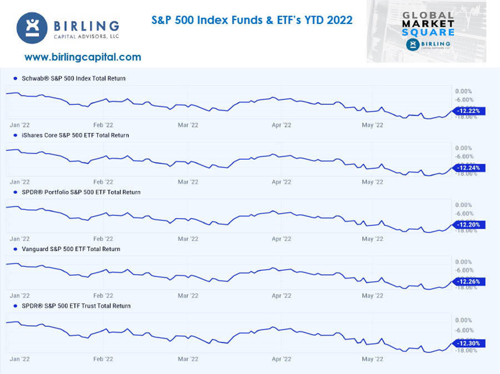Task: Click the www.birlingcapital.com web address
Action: pyautogui.click(x=83, y=57)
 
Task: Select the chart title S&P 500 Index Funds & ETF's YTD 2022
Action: pyautogui.click(x=252, y=21)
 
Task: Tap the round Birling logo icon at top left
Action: pyautogui.click(x=32, y=28)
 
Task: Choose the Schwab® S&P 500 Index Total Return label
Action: pyautogui.click(x=73, y=78)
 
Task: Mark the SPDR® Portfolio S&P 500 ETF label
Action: pyautogui.click(x=81, y=192)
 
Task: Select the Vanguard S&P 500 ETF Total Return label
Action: pyautogui.click(x=71, y=249)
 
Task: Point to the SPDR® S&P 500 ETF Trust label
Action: pyautogui.click(x=76, y=306)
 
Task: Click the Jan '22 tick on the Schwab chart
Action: pyautogui.click(x=19, y=125)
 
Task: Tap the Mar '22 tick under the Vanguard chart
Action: pyautogui.click(x=188, y=296)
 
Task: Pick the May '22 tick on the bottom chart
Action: pyautogui.click(x=372, y=359)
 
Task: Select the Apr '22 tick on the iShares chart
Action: pyautogui.click(x=282, y=182)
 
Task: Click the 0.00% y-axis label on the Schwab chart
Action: pyautogui.click(x=463, y=91)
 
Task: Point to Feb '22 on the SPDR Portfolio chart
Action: pyautogui.click(x=103, y=239)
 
